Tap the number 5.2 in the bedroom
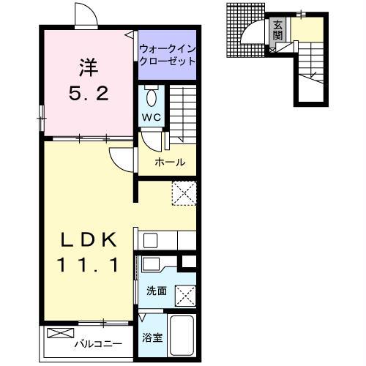[x=89, y=94]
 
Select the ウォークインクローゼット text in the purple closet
[x=168, y=55]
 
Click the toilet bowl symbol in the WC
[x=152, y=97]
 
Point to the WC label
[x=152, y=117]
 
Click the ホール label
[x=171, y=162]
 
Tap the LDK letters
[x=88, y=240]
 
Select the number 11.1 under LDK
[x=88, y=265]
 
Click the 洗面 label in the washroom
[x=157, y=291]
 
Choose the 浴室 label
[x=152, y=337]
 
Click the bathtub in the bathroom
[x=182, y=336]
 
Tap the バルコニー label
[x=98, y=344]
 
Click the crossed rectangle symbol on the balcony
[x=61, y=333]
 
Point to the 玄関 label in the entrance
[x=277, y=30]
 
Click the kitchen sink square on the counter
[x=150, y=241]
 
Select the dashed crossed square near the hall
[x=184, y=193]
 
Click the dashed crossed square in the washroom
[x=185, y=296]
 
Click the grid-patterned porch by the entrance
[x=245, y=30]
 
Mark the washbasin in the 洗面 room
[x=151, y=264]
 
